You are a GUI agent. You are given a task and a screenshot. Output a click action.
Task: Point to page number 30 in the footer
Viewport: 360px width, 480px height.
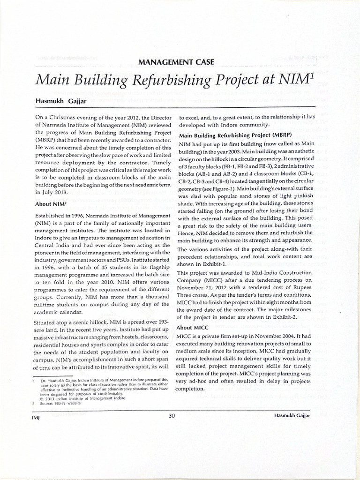pos(172,415)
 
